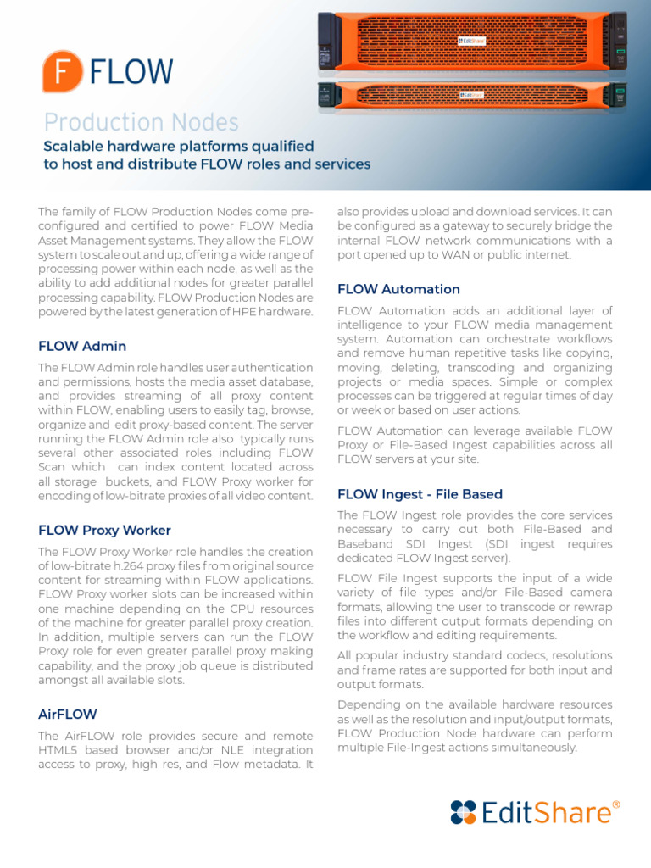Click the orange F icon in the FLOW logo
pos(62,71)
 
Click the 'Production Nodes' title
pos(141,122)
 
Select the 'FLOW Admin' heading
pos(82,346)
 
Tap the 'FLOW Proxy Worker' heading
pos(104,530)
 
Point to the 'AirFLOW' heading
pos(68,714)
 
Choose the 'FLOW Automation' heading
pos(398,289)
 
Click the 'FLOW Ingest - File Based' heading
pos(420,493)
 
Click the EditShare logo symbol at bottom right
pos(464,811)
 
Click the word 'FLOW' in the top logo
pos(131,72)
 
